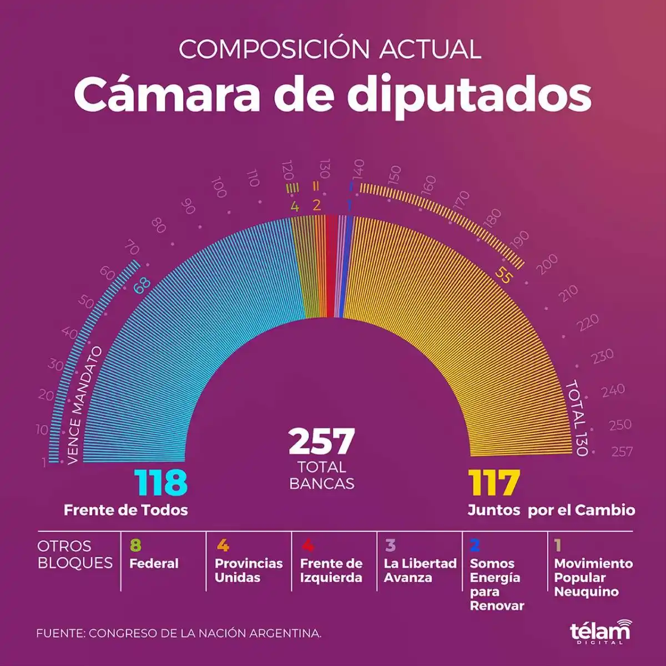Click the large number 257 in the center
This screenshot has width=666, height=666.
pos(321,441)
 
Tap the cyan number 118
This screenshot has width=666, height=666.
pos(161,483)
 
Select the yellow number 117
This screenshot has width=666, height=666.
pos(494,483)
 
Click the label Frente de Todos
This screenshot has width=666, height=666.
pos(126,510)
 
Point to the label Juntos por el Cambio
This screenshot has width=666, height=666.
pos(551,510)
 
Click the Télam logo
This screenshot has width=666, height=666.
pos(600,632)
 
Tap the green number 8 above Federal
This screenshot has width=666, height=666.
pos(135,546)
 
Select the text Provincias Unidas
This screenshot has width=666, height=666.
pos(248,571)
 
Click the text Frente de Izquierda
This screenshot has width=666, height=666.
pos(331,571)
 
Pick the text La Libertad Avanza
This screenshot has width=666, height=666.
pos(420,571)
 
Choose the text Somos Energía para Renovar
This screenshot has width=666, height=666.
pos(496,584)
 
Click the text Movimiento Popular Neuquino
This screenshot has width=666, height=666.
pos(593,578)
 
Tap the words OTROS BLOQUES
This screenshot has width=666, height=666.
pos(74,554)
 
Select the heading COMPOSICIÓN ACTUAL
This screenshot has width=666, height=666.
pos(330,49)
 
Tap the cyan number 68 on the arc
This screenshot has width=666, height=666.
pos(142,285)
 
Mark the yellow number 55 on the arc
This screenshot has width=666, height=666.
pos(502,276)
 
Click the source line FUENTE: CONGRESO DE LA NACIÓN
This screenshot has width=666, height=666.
pos(179,633)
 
